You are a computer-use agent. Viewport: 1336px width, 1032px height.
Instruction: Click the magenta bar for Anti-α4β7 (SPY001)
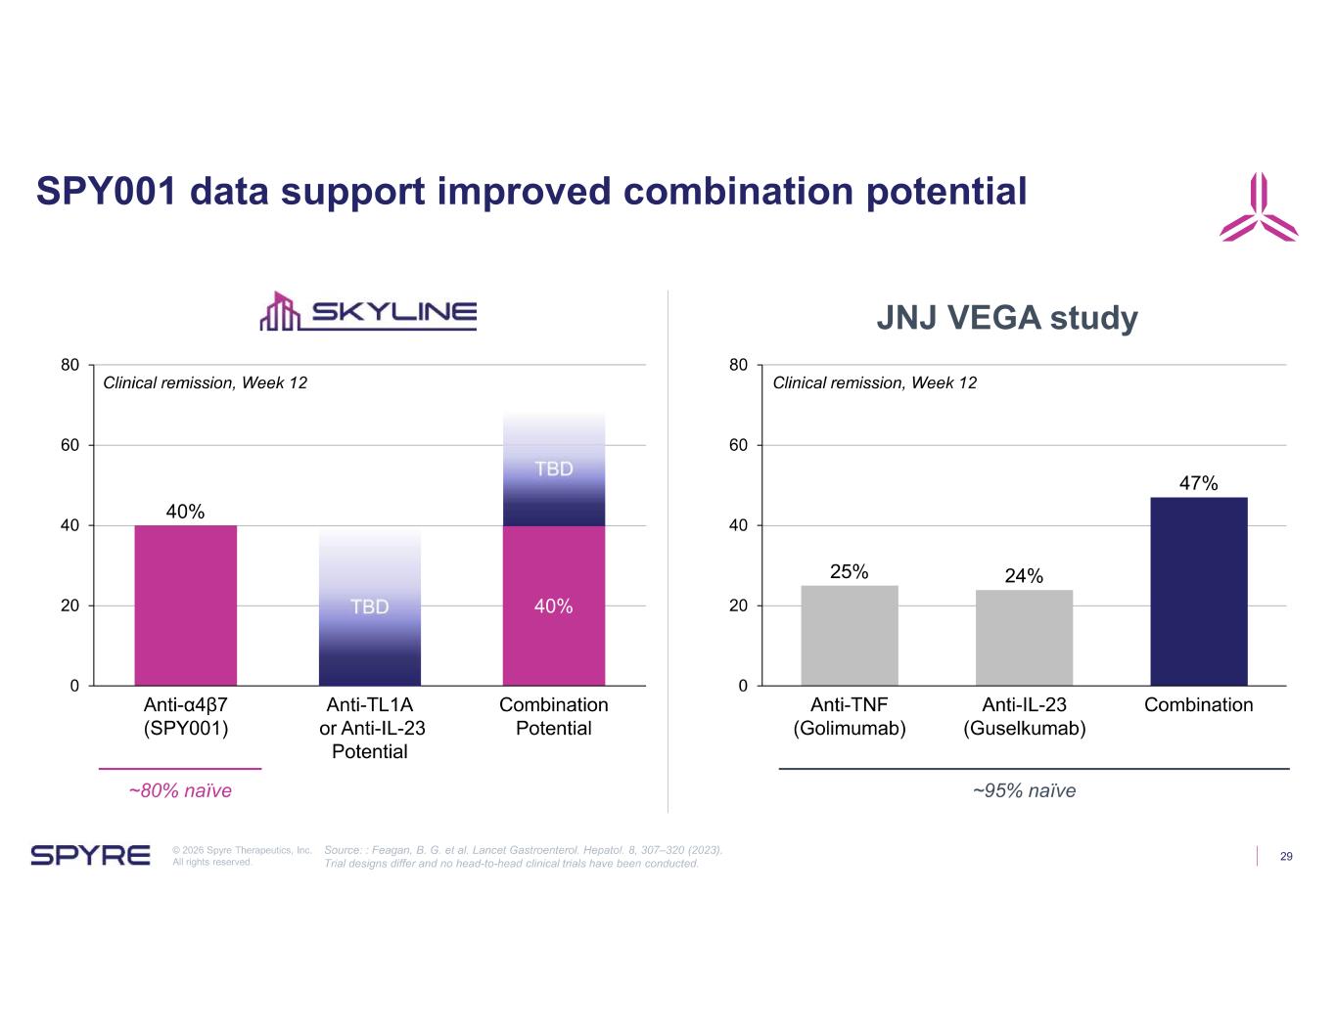[x=186, y=606]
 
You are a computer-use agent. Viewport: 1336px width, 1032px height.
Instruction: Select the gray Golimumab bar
[x=849, y=635]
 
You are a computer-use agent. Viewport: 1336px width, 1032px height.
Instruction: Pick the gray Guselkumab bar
[x=1024, y=638]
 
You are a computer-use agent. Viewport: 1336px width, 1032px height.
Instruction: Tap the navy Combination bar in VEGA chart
[x=1198, y=591]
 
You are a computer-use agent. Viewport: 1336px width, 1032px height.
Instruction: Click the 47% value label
[x=1198, y=483]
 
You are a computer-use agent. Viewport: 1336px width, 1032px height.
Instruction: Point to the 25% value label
[x=849, y=571]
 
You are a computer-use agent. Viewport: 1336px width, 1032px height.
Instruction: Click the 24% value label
[x=1024, y=575]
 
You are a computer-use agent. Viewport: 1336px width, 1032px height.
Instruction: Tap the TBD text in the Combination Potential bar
[x=553, y=469]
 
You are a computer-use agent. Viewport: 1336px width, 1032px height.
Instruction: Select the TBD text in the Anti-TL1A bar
[x=370, y=606]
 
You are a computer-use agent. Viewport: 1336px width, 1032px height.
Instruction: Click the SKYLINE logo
[x=368, y=311]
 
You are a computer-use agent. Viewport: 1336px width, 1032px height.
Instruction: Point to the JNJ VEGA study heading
[x=1007, y=318]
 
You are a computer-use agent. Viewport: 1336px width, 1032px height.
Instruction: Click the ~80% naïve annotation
[x=180, y=790]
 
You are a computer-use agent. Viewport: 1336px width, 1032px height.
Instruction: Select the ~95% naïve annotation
[x=1025, y=790]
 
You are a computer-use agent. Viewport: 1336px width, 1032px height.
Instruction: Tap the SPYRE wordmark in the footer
[x=90, y=855]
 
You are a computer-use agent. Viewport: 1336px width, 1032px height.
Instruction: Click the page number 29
[x=1285, y=856]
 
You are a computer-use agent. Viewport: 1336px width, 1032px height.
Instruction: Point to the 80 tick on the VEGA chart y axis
[x=738, y=365]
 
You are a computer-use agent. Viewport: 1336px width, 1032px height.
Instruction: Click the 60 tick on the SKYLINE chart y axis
[x=69, y=445]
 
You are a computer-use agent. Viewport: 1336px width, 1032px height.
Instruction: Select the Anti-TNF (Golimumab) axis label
[x=849, y=716]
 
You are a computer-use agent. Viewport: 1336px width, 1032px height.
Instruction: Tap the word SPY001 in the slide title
[x=107, y=191]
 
